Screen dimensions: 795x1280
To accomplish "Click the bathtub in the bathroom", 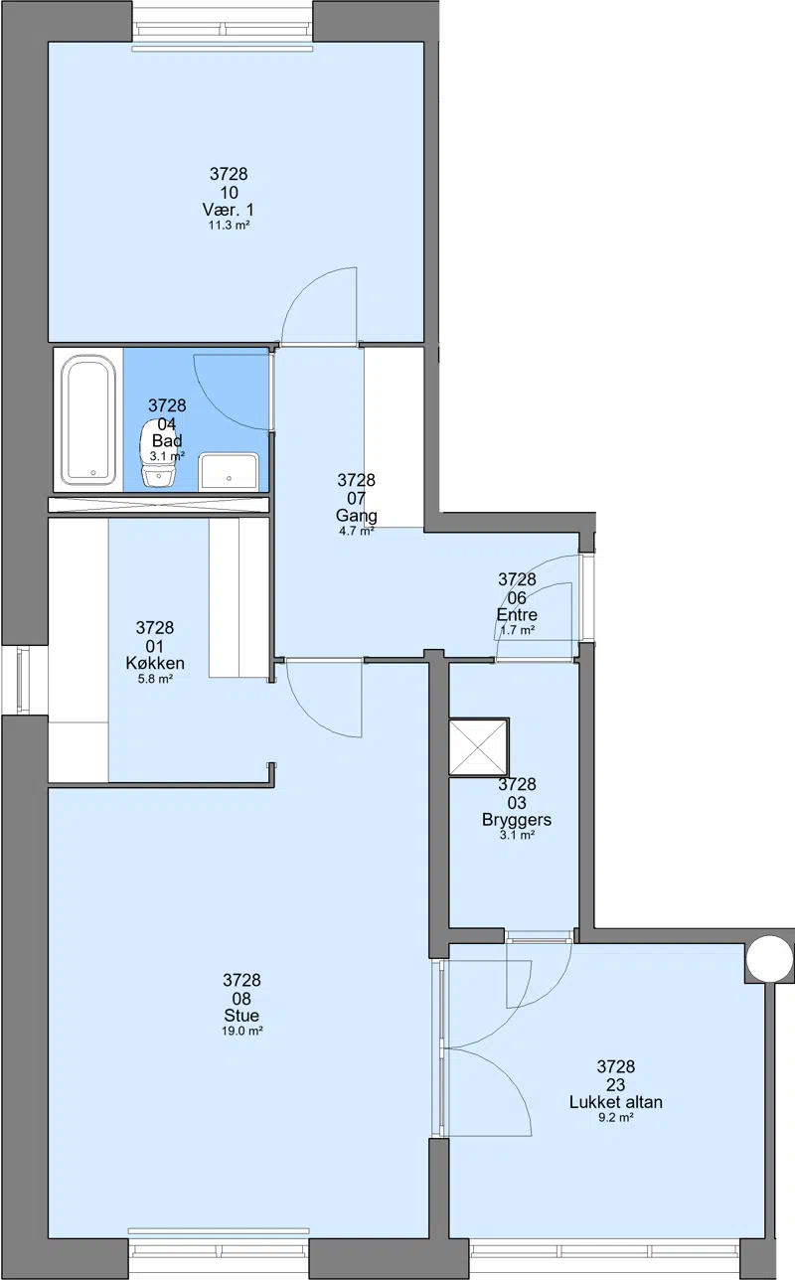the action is (x=88, y=420).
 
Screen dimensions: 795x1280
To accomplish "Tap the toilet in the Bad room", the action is (x=158, y=454).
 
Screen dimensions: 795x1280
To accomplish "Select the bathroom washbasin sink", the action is (x=229, y=471).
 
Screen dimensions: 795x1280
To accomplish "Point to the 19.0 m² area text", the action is (x=241, y=1042).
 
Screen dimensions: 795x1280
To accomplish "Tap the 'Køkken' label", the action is (x=155, y=663).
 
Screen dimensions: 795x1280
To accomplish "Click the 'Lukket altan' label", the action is (x=615, y=1102).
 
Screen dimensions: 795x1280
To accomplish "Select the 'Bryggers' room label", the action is (x=517, y=820).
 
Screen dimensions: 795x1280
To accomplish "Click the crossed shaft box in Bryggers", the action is (x=478, y=748).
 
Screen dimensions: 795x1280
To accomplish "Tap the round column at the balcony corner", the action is (x=769, y=959).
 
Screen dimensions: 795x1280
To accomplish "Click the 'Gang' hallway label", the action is (x=356, y=516).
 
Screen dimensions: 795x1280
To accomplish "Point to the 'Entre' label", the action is (x=517, y=615).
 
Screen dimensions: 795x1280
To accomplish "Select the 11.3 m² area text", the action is (x=229, y=226).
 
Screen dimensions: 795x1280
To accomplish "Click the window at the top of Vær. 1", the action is (x=223, y=29).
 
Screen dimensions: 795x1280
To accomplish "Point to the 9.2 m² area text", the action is (x=615, y=1117).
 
